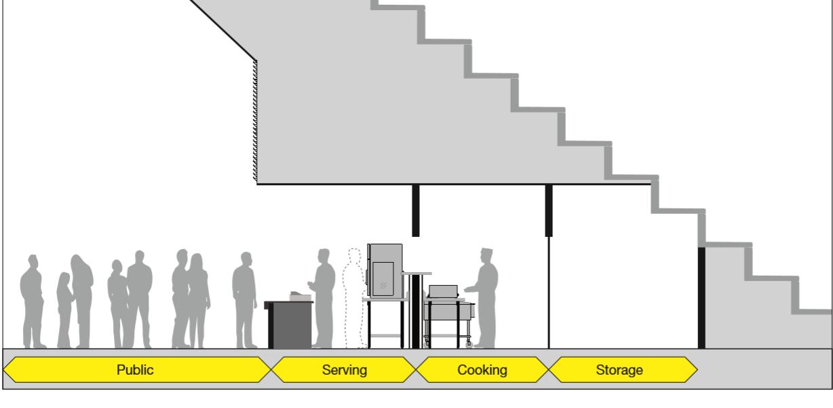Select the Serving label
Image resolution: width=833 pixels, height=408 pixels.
point(344,370)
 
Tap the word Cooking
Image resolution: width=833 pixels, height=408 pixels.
point(482,370)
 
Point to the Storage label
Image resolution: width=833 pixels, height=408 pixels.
point(619,370)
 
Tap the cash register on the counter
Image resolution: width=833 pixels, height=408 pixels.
point(299,295)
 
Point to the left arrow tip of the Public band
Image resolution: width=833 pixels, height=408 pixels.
point(6,370)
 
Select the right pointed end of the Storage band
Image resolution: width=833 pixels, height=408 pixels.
point(695,370)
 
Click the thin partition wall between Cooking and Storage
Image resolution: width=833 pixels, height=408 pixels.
point(548,292)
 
